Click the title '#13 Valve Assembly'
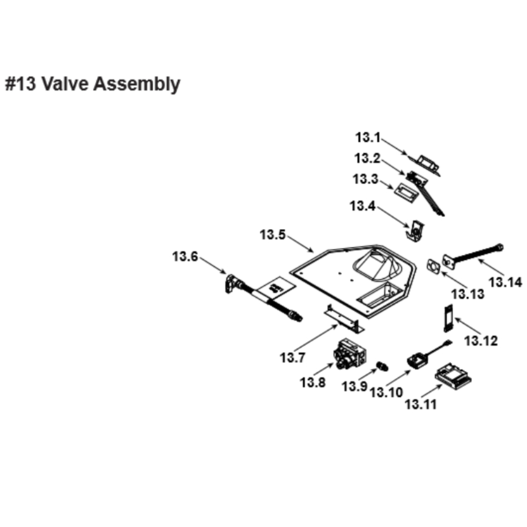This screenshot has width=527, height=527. [x=93, y=84]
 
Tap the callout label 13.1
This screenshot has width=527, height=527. [x=367, y=138]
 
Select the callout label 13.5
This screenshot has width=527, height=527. [x=272, y=235]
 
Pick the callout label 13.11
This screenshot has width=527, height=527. [x=421, y=404]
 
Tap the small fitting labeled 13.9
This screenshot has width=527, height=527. [x=382, y=365]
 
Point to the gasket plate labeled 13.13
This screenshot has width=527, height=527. [x=433, y=267]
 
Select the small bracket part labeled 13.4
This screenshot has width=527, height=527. [x=416, y=230]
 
